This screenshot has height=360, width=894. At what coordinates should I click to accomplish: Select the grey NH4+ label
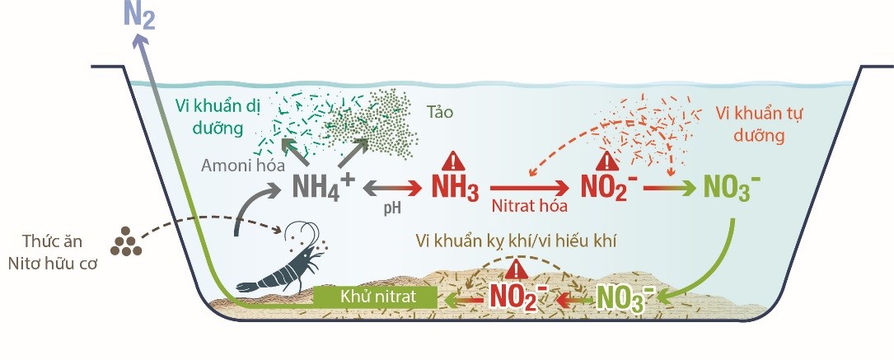(324, 188)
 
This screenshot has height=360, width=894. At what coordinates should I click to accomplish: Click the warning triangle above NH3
(454, 161)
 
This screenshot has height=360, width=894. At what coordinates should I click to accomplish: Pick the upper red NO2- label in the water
(611, 188)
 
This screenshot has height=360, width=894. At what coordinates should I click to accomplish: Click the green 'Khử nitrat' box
(375, 296)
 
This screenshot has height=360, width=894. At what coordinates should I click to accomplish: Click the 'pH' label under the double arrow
(392, 209)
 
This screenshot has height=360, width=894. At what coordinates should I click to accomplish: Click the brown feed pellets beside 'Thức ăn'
(127, 240)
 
